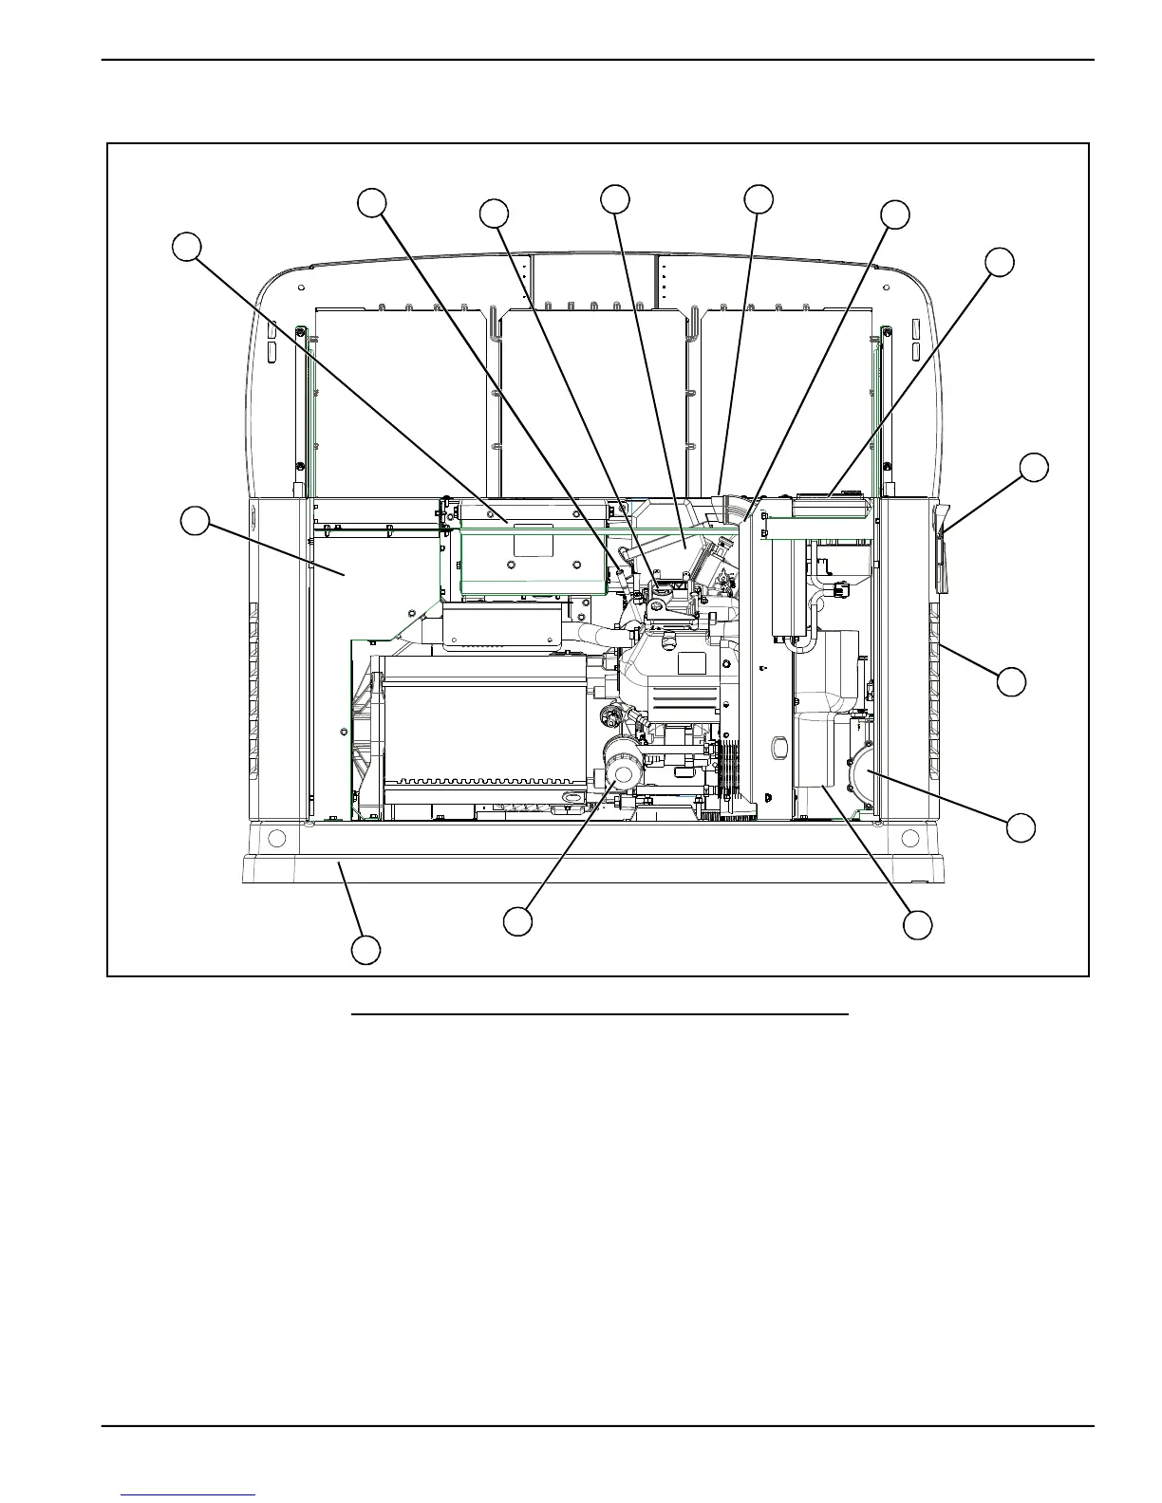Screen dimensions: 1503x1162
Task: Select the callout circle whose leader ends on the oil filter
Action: (517, 921)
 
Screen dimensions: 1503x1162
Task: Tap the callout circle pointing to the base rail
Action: (367, 950)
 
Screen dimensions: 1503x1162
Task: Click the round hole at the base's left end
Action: (276, 838)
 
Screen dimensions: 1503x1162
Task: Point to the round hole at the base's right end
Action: (909, 838)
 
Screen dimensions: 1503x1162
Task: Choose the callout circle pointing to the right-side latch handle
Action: (1034, 467)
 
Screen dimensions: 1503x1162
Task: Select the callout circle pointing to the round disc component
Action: (1021, 826)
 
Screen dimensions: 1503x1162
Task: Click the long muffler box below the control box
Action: (503, 628)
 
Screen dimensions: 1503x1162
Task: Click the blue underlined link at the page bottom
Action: (188, 1494)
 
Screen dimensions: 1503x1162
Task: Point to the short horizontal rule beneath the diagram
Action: (599, 1014)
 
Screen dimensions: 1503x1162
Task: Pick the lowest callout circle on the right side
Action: (917, 925)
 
